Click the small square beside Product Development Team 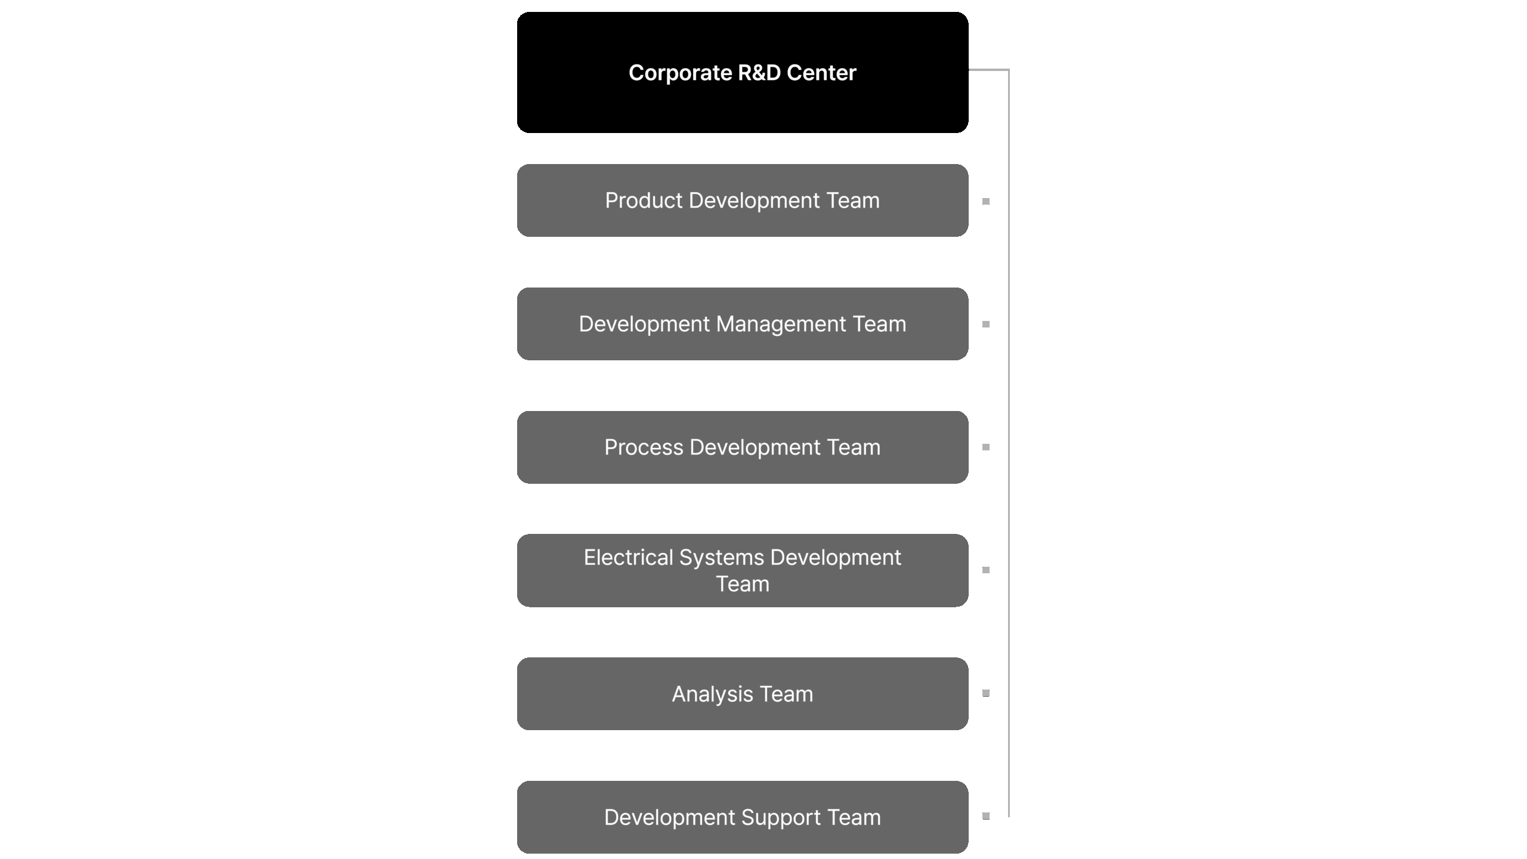click(x=985, y=202)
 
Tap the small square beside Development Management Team click(x=985, y=325)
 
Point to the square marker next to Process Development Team click(x=985, y=447)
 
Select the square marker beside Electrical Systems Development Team click(x=985, y=570)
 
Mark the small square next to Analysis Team click(x=985, y=693)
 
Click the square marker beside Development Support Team click(x=985, y=816)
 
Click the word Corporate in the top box click(x=680, y=73)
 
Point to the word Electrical click(x=628, y=558)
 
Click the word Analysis click(x=712, y=694)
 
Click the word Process click(x=644, y=447)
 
